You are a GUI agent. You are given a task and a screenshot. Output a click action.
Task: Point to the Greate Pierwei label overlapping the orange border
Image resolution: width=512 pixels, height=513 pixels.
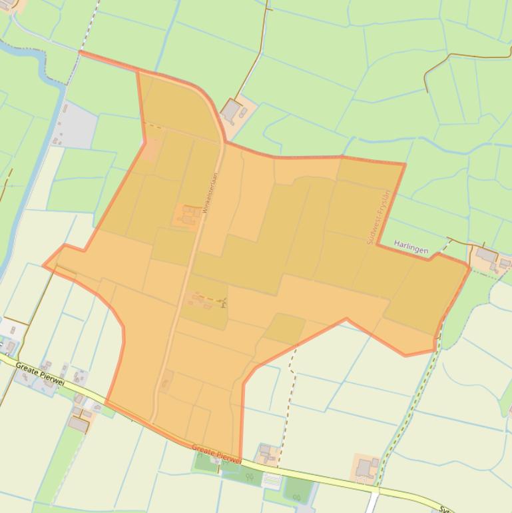click(216, 454)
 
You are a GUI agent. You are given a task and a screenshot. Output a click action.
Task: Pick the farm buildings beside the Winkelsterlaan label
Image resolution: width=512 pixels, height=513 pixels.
click(188, 215)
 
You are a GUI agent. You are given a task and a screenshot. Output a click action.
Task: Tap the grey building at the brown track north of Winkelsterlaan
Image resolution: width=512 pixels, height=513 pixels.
click(232, 110)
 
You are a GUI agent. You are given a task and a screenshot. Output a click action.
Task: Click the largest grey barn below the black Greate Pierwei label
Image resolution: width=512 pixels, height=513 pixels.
click(79, 423)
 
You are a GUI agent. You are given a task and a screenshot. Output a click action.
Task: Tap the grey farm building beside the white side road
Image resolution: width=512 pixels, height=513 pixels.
click(365, 469)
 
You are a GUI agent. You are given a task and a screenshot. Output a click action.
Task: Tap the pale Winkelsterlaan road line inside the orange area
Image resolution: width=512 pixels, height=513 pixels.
click(174, 313)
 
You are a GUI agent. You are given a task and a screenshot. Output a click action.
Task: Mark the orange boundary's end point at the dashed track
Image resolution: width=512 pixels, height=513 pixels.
click(80, 52)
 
